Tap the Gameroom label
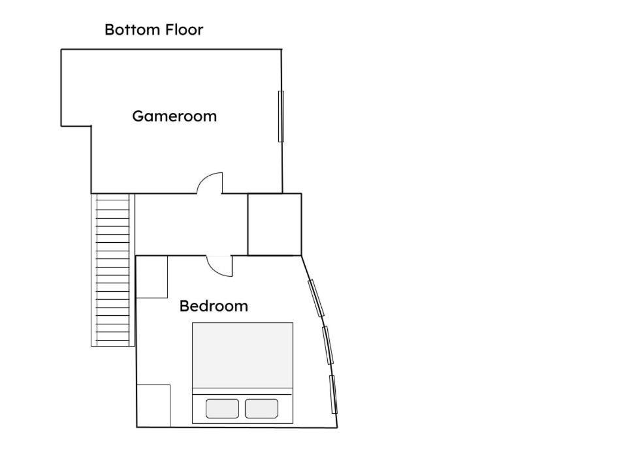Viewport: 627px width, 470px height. point(174,116)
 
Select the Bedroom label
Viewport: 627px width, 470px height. point(214,306)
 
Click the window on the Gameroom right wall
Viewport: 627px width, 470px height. point(281,116)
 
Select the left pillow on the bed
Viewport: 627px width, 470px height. point(222,409)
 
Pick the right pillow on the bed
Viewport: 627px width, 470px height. point(261,409)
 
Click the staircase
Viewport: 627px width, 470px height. point(113,270)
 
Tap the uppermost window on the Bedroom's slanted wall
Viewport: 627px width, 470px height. point(316,298)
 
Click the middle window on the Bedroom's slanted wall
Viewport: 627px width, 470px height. point(328,345)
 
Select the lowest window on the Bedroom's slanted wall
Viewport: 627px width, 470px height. point(333,394)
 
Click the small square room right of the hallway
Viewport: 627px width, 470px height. point(275,225)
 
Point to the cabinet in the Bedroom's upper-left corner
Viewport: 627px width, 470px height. point(152,277)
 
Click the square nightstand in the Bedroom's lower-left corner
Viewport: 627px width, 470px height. point(153,405)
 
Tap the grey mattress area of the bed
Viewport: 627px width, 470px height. point(243,355)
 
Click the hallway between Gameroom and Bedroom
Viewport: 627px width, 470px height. point(191,225)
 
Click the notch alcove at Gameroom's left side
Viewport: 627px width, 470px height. point(76,88)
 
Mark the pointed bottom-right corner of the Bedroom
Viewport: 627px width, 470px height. point(338,428)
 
